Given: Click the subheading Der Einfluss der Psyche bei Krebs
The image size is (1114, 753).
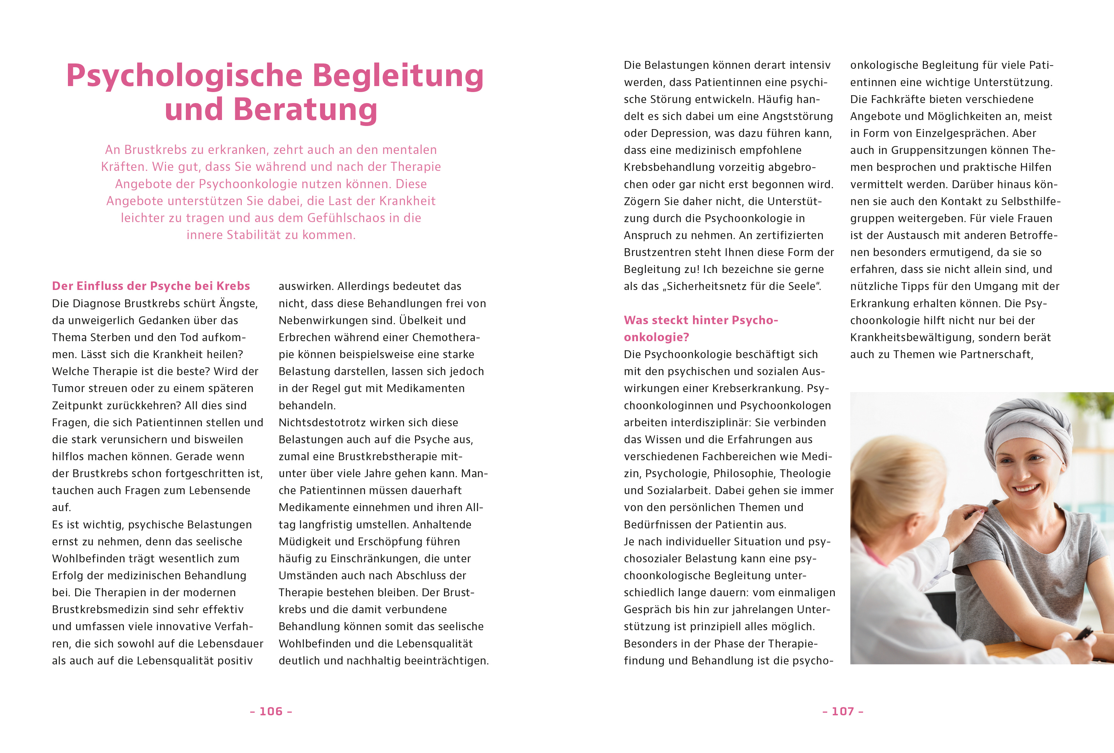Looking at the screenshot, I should tap(151, 286).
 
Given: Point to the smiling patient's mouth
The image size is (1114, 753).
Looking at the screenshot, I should tap(1026, 489).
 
